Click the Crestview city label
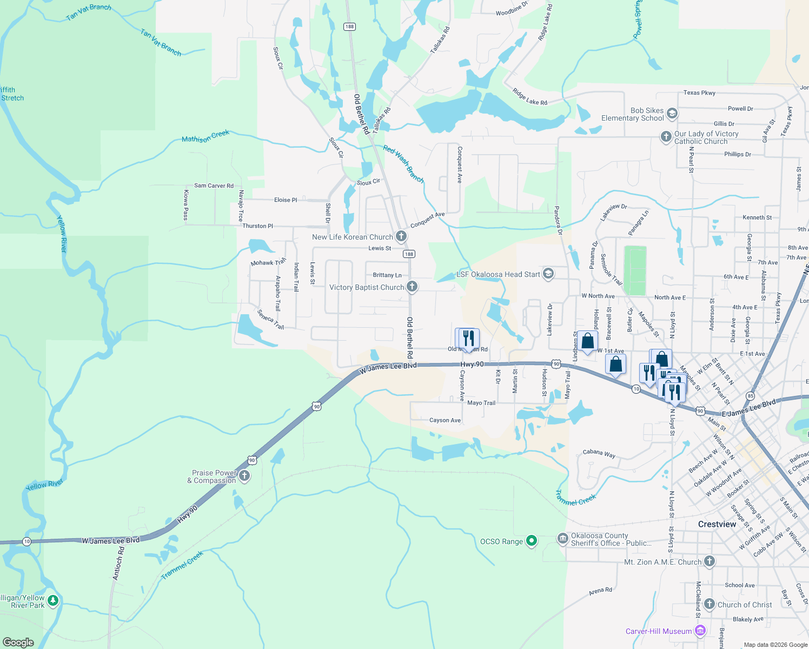click(x=717, y=524)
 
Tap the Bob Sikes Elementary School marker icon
click(x=672, y=113)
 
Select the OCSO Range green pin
click(x=532, y=540)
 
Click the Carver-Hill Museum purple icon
click(x=700, y=630)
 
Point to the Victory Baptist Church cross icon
click(x=412, y=286)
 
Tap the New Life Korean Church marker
click(x=401, y=236)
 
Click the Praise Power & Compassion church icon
click(x=244, y=475)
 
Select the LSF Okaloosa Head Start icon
click(x=548, y=273)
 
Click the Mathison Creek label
click(x=205, y=136)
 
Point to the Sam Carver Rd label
click(x=214, y=186)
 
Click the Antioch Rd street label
click(x=118, y=563)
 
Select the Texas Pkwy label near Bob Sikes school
click(x=699, y=93)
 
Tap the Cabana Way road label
click(x=599, y=453)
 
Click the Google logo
click(x=18, y=642)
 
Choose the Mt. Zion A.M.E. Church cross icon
click(x=709, y=561)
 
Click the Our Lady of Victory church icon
click(x=666, y=136)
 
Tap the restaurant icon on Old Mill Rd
click(x=468, y=338)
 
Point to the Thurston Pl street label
click(x=257, y=226)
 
